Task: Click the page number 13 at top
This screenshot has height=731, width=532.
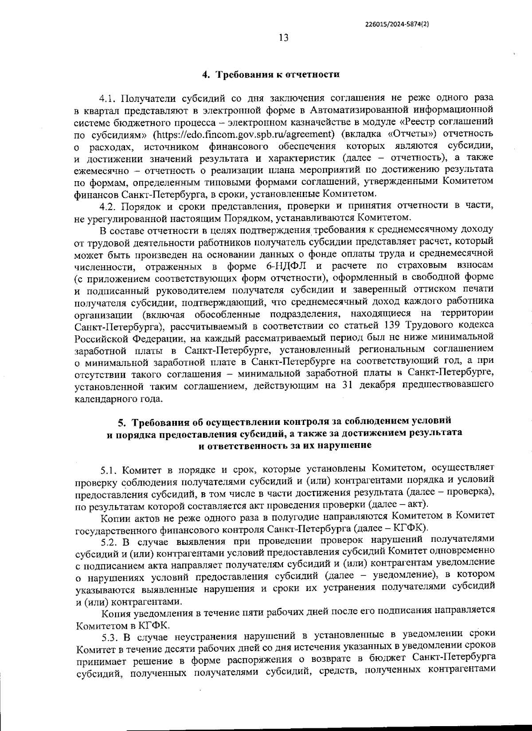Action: pos(284,38)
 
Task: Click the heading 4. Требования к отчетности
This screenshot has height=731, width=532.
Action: pos(271,74)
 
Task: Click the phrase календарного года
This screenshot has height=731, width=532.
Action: pos(116,398)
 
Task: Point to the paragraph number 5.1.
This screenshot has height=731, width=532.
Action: pos(109,469)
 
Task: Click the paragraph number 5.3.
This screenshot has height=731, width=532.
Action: pos(109,638)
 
